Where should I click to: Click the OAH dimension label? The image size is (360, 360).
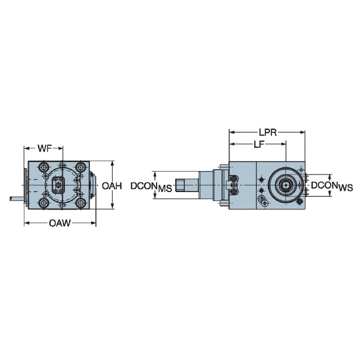pyautogui.click(x=112, y=186)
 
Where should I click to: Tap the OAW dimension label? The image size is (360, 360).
pyautogui.click(x=59, y=223)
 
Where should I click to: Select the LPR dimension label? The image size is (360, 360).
pyautogui.click(x=268, y=131)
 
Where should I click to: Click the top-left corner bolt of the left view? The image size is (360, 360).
pyautogui.click(x=44, y=167)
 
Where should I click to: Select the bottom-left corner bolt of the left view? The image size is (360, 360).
pyautogui.click(x=44, y=204)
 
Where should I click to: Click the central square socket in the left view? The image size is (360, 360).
pyautogui.click(x=59, y=185)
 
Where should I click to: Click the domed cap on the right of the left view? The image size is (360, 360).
pyautogui.click(x=94, y=185)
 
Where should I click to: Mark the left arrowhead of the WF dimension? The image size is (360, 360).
pyautogui.click(x=26, y=148)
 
